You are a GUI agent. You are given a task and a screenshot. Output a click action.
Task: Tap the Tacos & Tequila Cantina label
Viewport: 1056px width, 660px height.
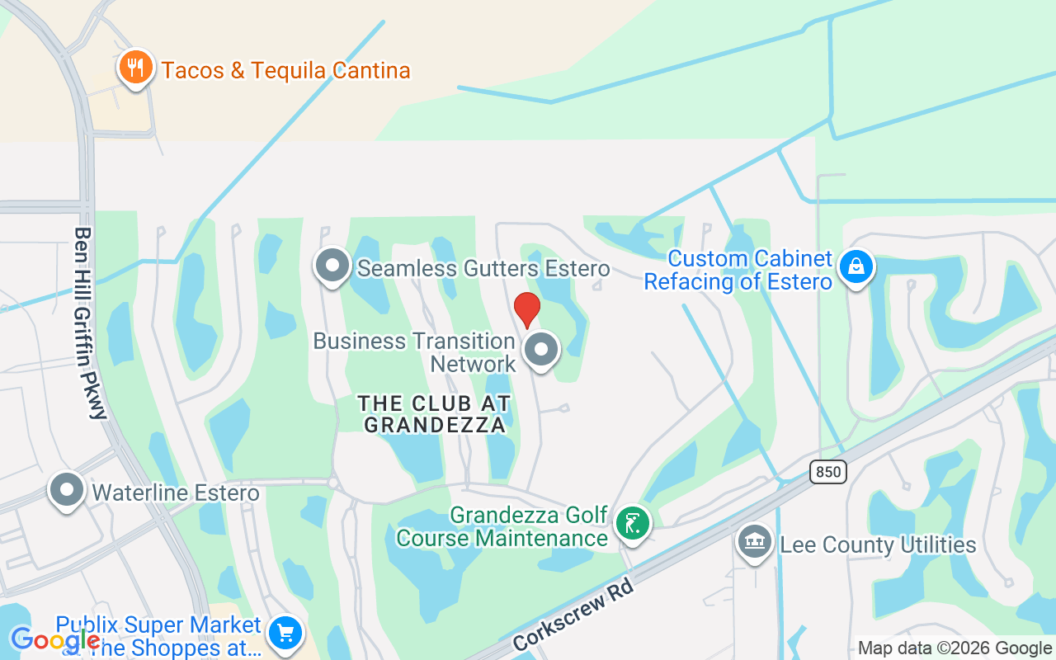click(285, 70)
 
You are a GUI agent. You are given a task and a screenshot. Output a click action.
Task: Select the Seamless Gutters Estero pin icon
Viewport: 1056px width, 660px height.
click(332, 266)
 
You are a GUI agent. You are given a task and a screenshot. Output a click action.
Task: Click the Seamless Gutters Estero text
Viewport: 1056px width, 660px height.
click(483, 268)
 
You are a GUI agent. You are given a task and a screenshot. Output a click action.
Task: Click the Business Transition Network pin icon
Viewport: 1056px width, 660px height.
click(541, 350)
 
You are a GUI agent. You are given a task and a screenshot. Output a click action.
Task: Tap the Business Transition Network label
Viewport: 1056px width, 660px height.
click(414, 352)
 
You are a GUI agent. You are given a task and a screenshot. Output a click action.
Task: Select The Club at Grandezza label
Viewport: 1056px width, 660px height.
click(435, 414)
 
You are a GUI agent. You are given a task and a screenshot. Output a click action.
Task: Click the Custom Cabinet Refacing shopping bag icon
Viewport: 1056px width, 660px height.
click(856, 266)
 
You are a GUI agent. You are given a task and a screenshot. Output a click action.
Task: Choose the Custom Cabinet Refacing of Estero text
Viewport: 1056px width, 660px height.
click(738, 270)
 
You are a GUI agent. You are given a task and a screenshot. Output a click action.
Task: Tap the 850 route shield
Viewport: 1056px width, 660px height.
click(827, 472)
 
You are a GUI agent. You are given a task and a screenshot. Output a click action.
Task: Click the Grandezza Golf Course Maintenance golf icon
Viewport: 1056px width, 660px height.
click(632, 523)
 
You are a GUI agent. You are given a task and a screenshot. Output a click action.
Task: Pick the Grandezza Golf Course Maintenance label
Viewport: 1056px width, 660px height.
click(502, 527)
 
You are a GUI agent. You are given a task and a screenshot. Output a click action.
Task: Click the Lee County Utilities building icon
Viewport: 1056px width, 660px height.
click(754, 542)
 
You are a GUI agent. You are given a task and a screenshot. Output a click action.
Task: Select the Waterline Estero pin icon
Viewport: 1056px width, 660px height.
click(67, 490)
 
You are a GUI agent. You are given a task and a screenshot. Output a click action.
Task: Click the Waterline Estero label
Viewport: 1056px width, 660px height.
click(176, 493)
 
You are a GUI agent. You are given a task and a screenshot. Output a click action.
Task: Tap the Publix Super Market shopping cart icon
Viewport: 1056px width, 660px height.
click(285, 634)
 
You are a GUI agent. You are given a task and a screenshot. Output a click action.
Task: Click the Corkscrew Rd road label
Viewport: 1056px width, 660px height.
click(573, 614)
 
